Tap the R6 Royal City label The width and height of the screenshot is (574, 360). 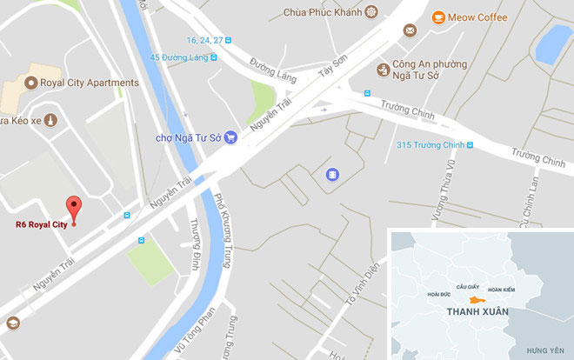point(41,223)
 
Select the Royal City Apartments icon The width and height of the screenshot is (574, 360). point(32,83)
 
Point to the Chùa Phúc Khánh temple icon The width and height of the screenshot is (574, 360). point(373,12)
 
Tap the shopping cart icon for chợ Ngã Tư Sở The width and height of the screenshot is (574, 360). point(230,136)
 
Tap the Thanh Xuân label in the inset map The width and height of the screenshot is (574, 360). point(472,310)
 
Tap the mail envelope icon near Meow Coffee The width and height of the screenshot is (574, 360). point(409,31)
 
